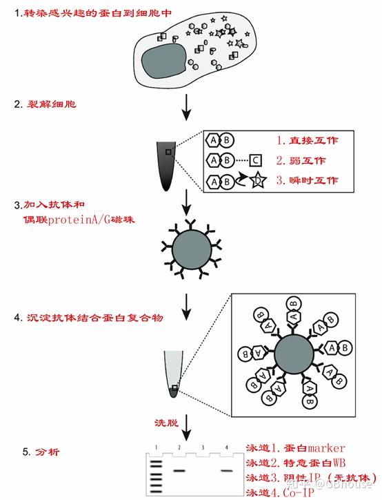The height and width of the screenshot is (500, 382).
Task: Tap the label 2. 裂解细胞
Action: [50, 105]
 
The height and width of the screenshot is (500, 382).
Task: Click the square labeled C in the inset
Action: [254, 160]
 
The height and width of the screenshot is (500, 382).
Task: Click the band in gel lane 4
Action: [225, 471]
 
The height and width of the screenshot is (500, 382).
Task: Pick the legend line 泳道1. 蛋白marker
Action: [294, 448]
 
